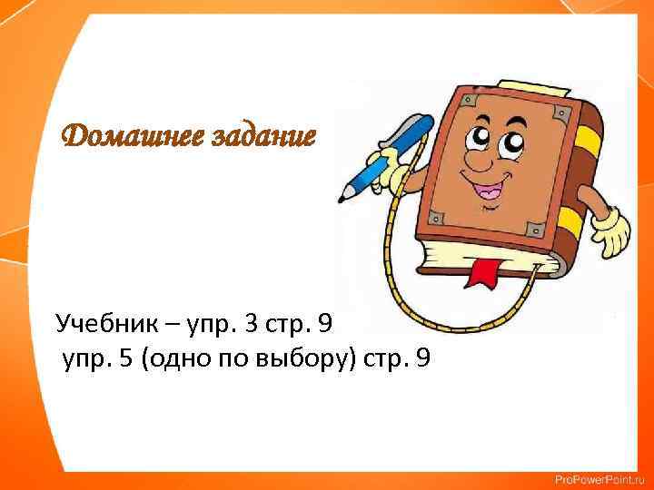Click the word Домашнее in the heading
tap(121, 139)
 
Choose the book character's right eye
tap(513, 143)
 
